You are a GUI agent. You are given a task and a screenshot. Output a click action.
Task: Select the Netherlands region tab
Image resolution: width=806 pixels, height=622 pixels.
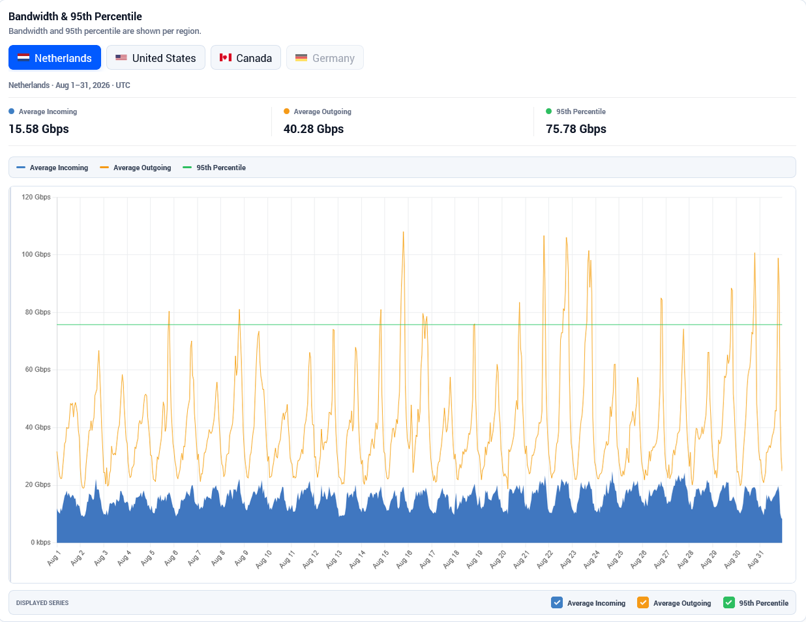pos(55,57)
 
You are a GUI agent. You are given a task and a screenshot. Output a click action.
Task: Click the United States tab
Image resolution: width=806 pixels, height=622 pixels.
pos(155,57)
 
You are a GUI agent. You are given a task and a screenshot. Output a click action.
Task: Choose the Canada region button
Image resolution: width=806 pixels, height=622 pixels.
pos(246,57)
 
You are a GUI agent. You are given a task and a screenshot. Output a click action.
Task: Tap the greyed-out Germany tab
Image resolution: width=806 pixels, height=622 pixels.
pos(325,57)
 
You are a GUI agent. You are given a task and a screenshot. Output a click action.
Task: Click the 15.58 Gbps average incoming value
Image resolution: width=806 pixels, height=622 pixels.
pos(38,129)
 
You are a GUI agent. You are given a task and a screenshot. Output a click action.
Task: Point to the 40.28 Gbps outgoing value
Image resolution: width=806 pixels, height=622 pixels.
pos(314,129)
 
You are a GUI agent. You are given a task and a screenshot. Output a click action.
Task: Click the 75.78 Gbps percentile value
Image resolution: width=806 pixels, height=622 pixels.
pos(576,129)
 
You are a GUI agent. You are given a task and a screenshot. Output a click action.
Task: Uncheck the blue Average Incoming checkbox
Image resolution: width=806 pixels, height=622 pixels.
pos(556,602)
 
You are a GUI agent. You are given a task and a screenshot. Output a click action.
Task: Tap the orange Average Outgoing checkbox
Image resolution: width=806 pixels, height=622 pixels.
pos(642,602)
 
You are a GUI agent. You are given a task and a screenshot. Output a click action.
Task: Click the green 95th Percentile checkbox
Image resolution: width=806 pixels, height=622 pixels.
pos(728,602)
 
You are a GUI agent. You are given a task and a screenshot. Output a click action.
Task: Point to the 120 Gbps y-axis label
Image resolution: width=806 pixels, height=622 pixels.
pos(36,197)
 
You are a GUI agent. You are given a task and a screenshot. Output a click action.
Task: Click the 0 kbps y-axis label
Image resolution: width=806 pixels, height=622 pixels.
pos(40,542)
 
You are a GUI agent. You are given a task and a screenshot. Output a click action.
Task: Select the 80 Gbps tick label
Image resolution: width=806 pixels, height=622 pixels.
pos(37,312)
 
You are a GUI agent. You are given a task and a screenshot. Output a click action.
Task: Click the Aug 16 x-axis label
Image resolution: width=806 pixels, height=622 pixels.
pos(404,559)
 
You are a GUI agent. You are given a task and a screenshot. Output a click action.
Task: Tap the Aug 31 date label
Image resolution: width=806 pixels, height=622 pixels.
pos(755,559)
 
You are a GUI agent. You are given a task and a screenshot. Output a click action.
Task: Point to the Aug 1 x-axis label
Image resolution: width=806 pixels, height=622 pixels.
pos(53,558)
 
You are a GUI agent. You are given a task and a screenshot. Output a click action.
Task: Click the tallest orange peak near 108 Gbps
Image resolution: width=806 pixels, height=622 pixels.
pos(403,232)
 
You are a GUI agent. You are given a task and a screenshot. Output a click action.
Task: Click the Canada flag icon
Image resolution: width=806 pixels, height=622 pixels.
pos(226,57)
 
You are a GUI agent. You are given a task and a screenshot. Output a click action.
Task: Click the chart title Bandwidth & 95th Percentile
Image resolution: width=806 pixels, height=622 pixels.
pos(75,16)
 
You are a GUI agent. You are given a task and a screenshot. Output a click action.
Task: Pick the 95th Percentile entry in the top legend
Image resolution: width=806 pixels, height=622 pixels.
pos(214,168)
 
